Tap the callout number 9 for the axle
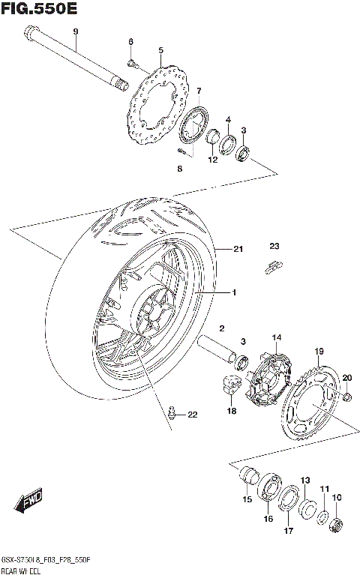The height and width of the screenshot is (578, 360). pos(75,31)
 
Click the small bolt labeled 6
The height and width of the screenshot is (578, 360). pos(131,64)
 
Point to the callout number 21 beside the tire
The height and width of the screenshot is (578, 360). pos(238,249)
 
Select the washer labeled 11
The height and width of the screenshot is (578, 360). pos(322,517)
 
